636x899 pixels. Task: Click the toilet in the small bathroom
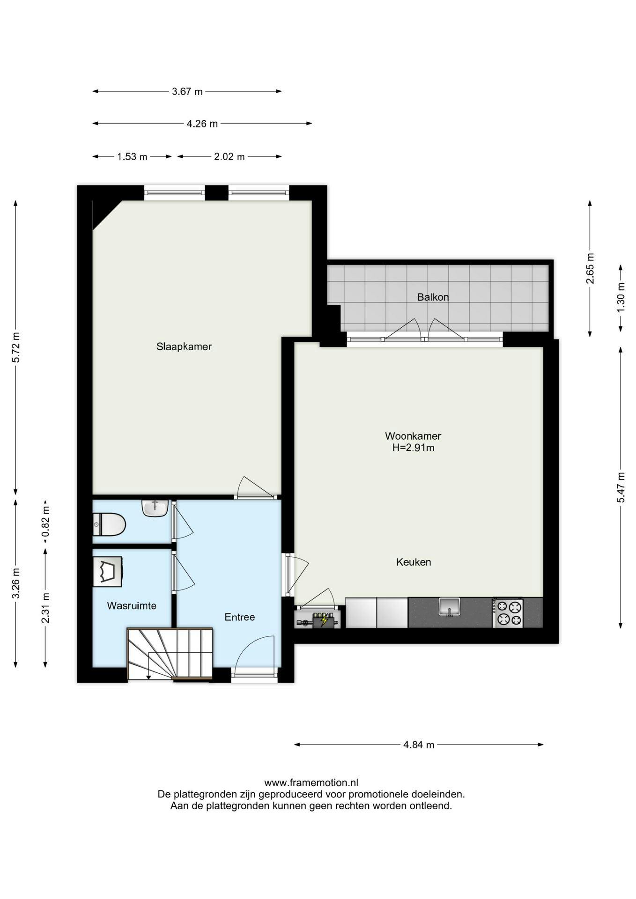point(109,524)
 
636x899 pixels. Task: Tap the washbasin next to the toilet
point(155,508)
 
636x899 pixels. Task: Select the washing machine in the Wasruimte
point(108,571)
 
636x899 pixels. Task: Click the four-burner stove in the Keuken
point(508,613)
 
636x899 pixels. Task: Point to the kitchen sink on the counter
point(449,607)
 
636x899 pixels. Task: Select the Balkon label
point(433,297)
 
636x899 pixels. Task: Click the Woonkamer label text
point(413,436)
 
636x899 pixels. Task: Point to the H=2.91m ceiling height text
point(414,448)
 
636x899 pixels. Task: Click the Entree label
point(240,617)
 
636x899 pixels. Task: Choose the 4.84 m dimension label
point(419,744)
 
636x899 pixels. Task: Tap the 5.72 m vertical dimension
point(16,347)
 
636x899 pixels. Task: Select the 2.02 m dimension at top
point(229,157)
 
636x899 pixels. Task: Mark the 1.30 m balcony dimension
point(621,298)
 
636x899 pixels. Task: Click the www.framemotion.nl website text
point(311,782)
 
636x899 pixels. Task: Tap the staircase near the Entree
point(170,654)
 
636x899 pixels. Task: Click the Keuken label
point(414,562)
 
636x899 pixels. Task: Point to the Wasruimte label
point(132,606)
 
